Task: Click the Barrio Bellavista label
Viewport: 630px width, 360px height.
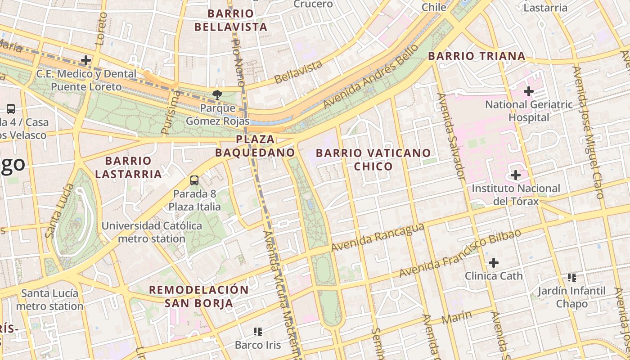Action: (231, 20)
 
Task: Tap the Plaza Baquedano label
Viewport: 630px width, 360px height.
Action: (255, 145)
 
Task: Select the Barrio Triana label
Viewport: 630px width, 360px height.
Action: (477, 56)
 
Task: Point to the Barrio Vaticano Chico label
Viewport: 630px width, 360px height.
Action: (373, 159)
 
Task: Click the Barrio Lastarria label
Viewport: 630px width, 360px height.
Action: (128, 167)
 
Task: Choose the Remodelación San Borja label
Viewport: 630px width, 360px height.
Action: (199, 296)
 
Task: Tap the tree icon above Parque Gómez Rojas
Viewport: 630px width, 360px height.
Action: (217, 94)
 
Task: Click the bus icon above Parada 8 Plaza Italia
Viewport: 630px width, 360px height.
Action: (194, 180)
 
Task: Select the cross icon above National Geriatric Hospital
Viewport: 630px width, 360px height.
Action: (529, 92)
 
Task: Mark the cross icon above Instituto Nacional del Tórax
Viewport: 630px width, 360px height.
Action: (516, 175)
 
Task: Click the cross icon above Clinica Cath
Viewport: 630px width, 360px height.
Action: (494, 262)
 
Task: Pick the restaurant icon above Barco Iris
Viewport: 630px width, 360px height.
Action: (258, 332)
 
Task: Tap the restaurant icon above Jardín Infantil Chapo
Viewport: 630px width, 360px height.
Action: (572, 278)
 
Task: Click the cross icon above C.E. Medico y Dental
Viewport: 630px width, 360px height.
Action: (85, 60)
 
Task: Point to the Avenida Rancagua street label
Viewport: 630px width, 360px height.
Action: (378, 238)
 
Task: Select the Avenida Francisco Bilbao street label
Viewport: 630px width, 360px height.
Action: (459, 253)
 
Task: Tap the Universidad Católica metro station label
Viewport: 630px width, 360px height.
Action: (152, 232)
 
